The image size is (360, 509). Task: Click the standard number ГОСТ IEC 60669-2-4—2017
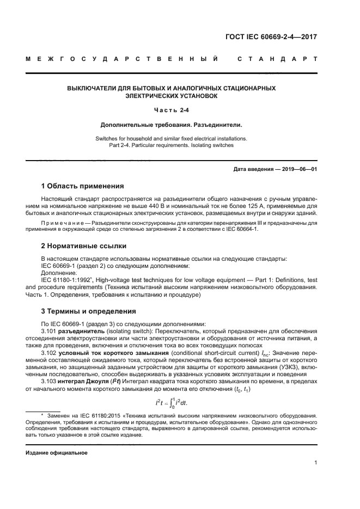[272, 37]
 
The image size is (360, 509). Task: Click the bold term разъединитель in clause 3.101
[81, 330]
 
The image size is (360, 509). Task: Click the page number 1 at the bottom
[316, 463]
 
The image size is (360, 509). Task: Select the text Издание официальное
[56, 453]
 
